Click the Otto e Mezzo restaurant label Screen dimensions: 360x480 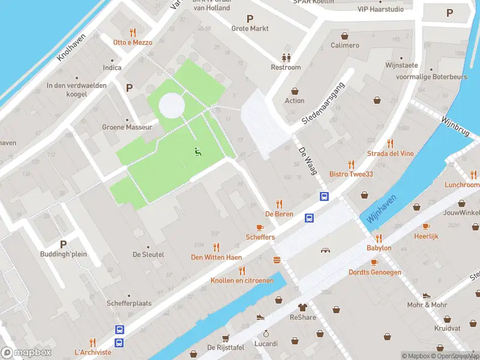coord(133,43)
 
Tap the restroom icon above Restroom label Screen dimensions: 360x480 coord(286,58)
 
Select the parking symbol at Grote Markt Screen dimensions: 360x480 coord(250,19)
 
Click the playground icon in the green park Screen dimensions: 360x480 coord(197,152)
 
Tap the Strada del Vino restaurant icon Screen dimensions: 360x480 coord(391,143)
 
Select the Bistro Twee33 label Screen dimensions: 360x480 coord(351,174)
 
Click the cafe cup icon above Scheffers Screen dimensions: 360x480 coord(260,227)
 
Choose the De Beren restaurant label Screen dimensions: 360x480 coord(278,214)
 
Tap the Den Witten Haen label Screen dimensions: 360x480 coord(216,257)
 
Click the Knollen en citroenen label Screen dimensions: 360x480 coord(242,280)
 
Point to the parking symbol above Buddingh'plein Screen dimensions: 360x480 coord(63,244)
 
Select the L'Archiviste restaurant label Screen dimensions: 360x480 coord(92,352)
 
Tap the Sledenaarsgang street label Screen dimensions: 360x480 coord(323,103)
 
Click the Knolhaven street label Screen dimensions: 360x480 coord(71,47)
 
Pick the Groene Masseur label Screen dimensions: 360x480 coord(127,127)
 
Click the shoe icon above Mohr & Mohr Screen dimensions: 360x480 coord(427,296)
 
